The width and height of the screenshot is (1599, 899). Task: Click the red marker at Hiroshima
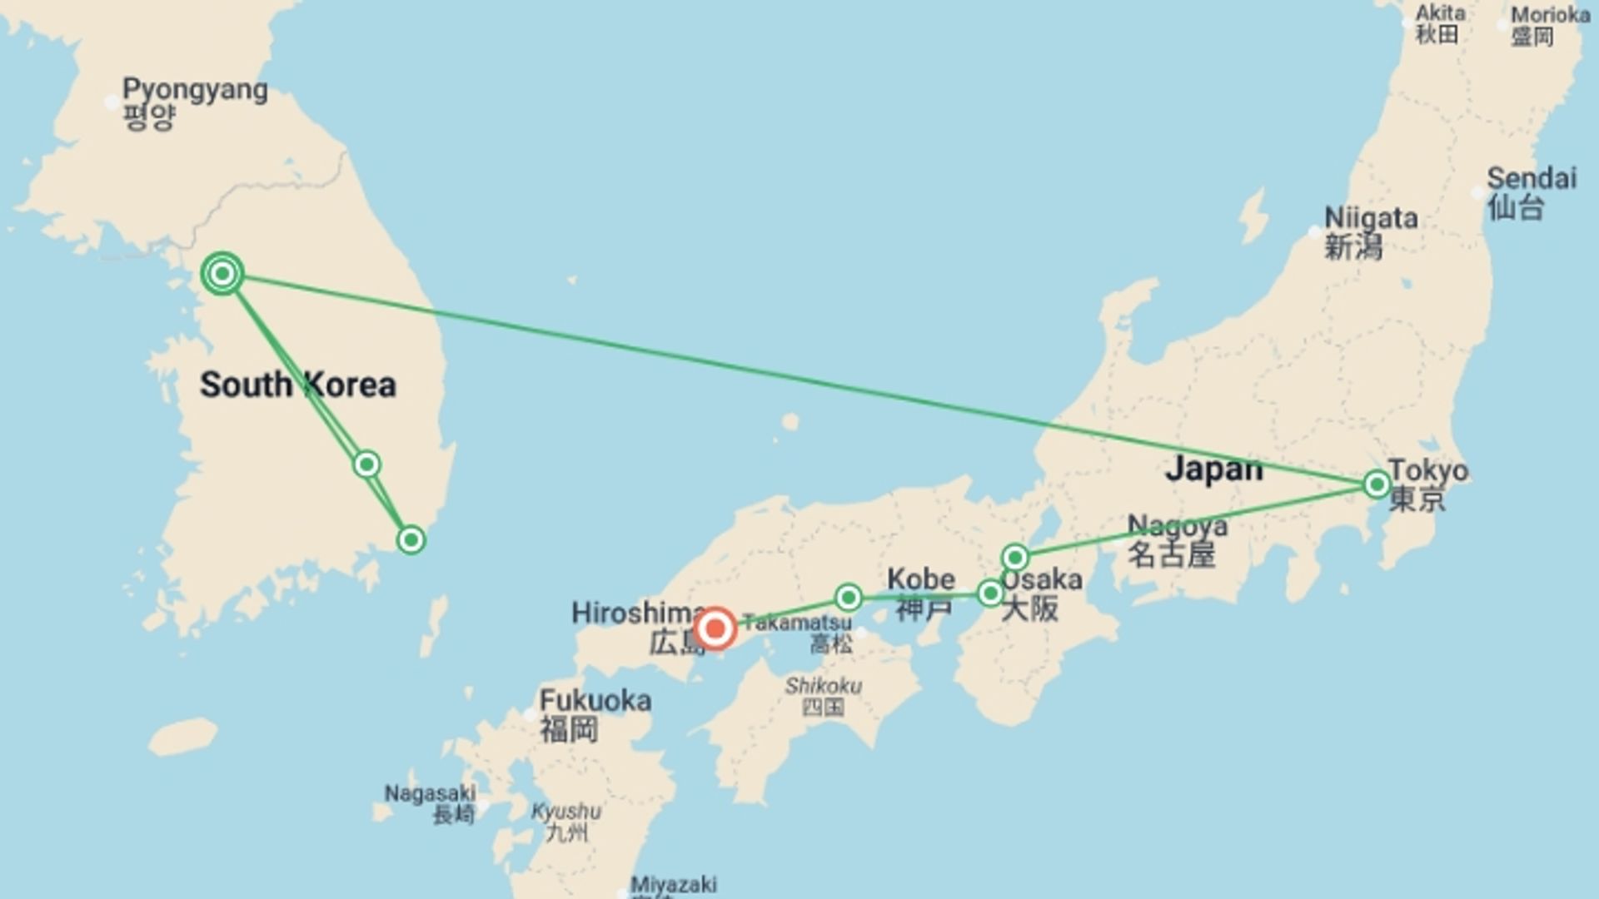pos(715,628)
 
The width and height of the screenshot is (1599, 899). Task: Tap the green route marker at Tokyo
pos(1377,484)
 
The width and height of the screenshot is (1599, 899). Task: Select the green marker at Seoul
pos(222,273)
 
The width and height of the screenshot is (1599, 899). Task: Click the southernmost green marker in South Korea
pos(411,540)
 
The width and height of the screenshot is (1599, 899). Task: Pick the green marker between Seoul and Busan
pos(366,464)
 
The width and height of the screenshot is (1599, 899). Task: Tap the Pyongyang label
pos(195,102)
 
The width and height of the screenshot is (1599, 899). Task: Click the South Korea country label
pos(297,385)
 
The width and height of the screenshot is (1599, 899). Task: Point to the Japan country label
pos(1213,468)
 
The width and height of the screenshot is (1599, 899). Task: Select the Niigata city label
pos(1370,232)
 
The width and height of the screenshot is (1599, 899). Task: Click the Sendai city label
pos(1531,192)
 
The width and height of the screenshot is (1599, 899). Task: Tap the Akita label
pos(1440,23)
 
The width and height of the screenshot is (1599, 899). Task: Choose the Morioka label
pos(1550,26)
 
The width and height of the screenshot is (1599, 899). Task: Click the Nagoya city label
pos(1176,540)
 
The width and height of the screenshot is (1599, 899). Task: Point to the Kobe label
pos(921,593)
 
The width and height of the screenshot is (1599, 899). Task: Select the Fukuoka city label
pos(595,714)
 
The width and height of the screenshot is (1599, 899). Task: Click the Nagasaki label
pos(430,802)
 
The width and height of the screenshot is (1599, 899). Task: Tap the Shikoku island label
pos(823,696)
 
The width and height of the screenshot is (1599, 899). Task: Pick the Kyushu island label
pos(566,821)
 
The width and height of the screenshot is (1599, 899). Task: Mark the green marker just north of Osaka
pos(1014,557)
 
